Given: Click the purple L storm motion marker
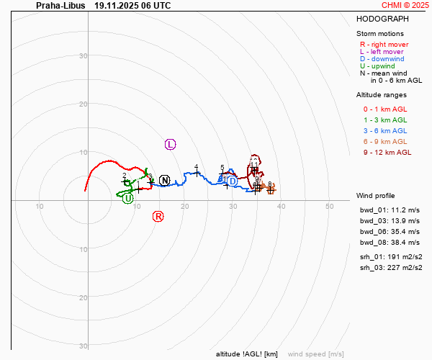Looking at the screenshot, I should [171, 145].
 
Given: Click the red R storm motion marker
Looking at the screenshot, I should [158, 216].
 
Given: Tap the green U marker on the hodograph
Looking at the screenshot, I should [127, 198].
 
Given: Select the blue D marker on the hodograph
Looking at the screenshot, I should [231, 181].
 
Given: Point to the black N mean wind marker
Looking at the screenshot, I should [165, 180].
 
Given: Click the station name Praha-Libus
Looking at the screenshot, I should [60, 5].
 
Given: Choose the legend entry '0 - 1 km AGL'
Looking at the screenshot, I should [385, 109].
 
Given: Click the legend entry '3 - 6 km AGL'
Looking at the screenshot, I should [385, 130].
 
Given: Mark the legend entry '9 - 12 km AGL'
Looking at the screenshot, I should [387, 152].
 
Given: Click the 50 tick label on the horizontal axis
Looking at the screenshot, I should [329, 207].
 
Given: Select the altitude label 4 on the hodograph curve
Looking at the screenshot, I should [196, 167].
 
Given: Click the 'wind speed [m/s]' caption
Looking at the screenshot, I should [315, 354].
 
